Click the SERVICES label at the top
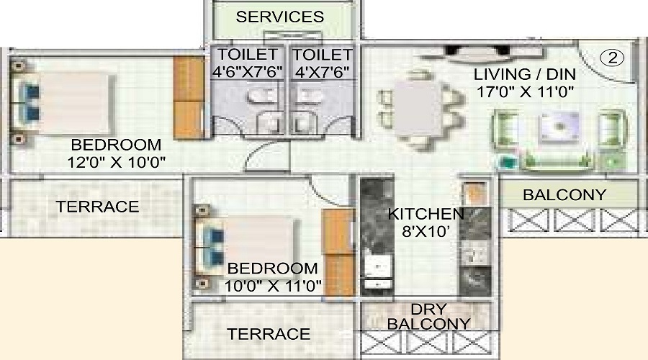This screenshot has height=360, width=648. tap(280, 17)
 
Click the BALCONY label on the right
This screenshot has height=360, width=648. tap(564, 194)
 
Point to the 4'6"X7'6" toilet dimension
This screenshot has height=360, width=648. tap(248, 71)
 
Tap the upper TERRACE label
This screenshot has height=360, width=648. tap(97, 207)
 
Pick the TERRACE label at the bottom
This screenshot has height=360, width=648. tap(269, 334)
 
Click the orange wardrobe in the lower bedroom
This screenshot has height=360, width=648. tap(337, 252)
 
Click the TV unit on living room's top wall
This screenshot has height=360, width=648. tap(472, 53)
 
